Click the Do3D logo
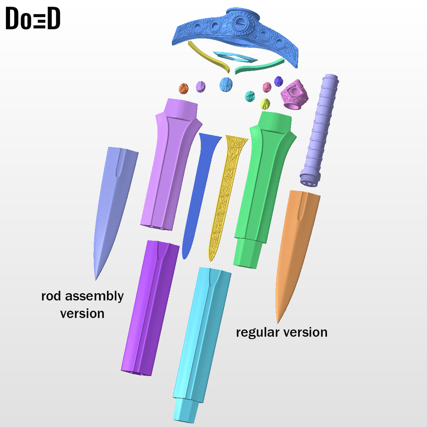33,19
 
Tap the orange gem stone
184,88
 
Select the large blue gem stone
226,84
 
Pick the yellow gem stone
265,104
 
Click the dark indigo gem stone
279,81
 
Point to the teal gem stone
250,96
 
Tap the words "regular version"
281,332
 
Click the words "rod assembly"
83,296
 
